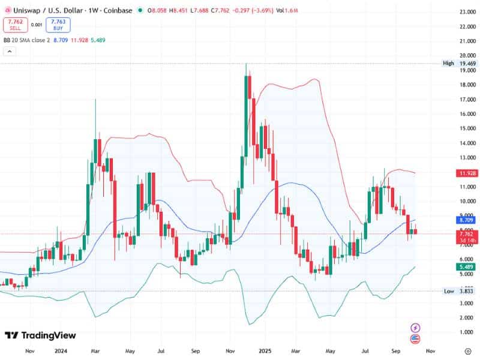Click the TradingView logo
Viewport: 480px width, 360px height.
click(41, 335)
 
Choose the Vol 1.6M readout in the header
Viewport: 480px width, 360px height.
click(287, 10)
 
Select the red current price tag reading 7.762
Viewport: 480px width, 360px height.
click(465, 236)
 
